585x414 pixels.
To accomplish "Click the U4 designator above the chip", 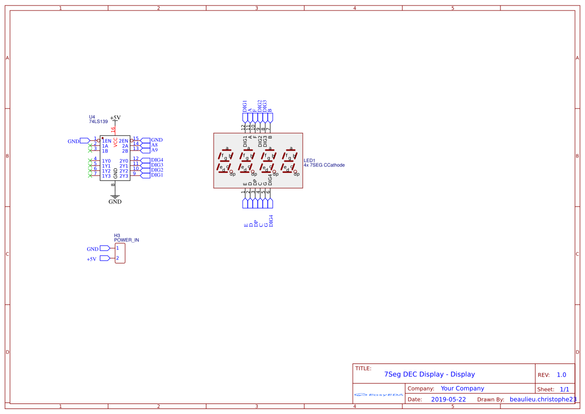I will [92, 117].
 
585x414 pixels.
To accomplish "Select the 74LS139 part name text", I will [98, 121].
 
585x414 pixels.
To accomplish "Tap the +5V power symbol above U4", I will [115, 118].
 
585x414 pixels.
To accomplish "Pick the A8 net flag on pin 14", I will [154, 145].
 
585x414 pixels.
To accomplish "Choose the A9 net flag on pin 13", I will [154, 150].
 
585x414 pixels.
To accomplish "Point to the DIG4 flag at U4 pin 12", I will [157, 160].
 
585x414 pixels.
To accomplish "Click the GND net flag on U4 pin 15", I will [157, 140].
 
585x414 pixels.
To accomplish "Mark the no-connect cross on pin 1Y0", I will [90, 160].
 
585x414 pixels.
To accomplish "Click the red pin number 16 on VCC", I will [113, 129].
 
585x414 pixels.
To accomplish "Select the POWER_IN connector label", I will [127, 240].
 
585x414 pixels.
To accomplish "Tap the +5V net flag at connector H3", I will [91, 259].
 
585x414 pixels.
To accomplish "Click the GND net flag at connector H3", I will [93, 249].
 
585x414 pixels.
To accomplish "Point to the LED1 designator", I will [309, 160].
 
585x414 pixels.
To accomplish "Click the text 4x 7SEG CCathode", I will [324, 165].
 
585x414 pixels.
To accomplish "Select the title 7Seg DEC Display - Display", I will [429, 374].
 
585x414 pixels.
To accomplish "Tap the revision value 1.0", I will [561, 375].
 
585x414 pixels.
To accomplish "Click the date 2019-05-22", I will [448, 399].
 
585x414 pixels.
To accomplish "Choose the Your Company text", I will [462, 388].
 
